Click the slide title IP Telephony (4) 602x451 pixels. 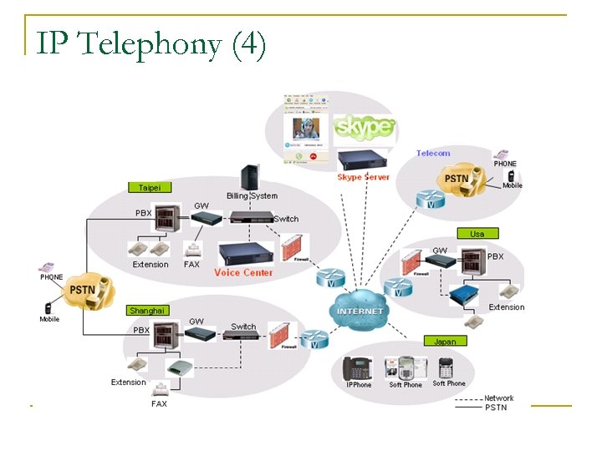coord(151,43)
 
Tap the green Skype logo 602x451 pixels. coord(363,127)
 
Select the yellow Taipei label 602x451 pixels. coord(150,187)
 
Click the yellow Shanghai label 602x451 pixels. coord(148,310)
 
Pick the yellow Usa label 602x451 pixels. coord(477,234)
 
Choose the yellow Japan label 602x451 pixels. coord(445,341)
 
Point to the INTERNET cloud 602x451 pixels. coord(360,311)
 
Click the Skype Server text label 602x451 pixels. coord(363,177)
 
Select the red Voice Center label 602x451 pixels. coord(243,273)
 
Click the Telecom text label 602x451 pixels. coord(433,154)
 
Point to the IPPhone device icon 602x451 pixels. coord(359,368)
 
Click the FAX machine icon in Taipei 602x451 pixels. coord(192,249)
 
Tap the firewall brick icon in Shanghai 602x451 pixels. coord(283,335)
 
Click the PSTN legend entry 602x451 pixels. coord(496,408)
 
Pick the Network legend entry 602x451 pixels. coord(499,398)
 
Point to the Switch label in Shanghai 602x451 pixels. coord(243,327)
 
